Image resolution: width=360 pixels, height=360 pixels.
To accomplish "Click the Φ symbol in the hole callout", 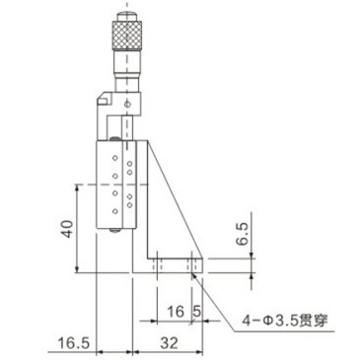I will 267,320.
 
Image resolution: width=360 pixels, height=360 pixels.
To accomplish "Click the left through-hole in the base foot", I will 158,264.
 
